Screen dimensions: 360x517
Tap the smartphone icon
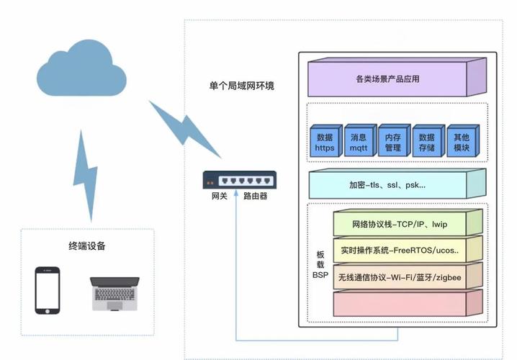point(48,290)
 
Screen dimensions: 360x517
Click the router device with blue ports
point(238,180)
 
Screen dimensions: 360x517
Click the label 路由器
point(256,196)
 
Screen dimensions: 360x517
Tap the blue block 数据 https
point(325,143)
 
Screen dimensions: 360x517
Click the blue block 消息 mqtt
point(359,143)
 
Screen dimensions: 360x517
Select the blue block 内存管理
point(392,143)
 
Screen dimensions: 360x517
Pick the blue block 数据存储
point(427,143)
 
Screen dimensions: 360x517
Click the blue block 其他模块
point(461,143)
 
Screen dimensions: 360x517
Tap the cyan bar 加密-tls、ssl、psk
point(387,185)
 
